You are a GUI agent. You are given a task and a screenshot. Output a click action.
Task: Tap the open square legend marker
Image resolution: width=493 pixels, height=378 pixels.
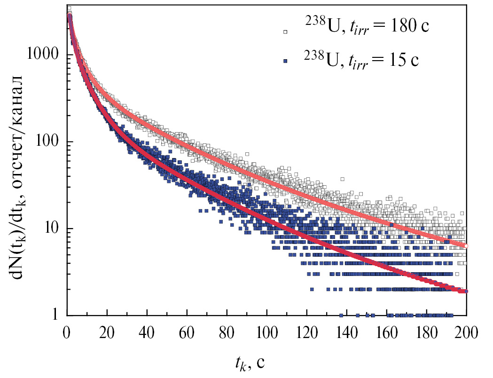point(284,31)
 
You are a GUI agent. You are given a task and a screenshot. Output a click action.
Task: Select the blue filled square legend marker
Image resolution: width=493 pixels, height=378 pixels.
point(284,62)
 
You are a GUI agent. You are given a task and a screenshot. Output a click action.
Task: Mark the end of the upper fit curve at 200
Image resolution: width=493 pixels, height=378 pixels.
point(466,246)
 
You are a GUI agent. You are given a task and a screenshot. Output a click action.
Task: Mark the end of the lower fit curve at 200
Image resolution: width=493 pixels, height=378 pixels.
point(466,291)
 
